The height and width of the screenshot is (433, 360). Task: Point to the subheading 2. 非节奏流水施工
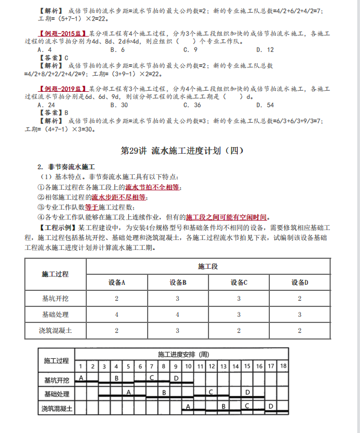click(x=66, y=166)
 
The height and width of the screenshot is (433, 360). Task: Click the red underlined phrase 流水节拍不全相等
click(x=153, y=187)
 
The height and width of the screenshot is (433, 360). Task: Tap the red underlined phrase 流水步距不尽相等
click(x=118, y=197)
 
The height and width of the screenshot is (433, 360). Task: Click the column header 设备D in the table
click(x=300, y=283)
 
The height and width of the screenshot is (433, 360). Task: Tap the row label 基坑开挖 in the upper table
click(x=56, y=299)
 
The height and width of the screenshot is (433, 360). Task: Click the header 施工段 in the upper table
click(x=208, y=267)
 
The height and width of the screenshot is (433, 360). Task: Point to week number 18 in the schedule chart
click(x=283, y=366)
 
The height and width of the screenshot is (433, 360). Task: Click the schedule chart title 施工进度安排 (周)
click(x=183, y=354)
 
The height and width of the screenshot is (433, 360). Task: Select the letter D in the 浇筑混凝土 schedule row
click(x=271, y=406)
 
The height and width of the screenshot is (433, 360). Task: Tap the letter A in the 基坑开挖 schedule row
click(x=81, y=378)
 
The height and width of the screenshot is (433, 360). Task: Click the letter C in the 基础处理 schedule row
click(x=211, y=392)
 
